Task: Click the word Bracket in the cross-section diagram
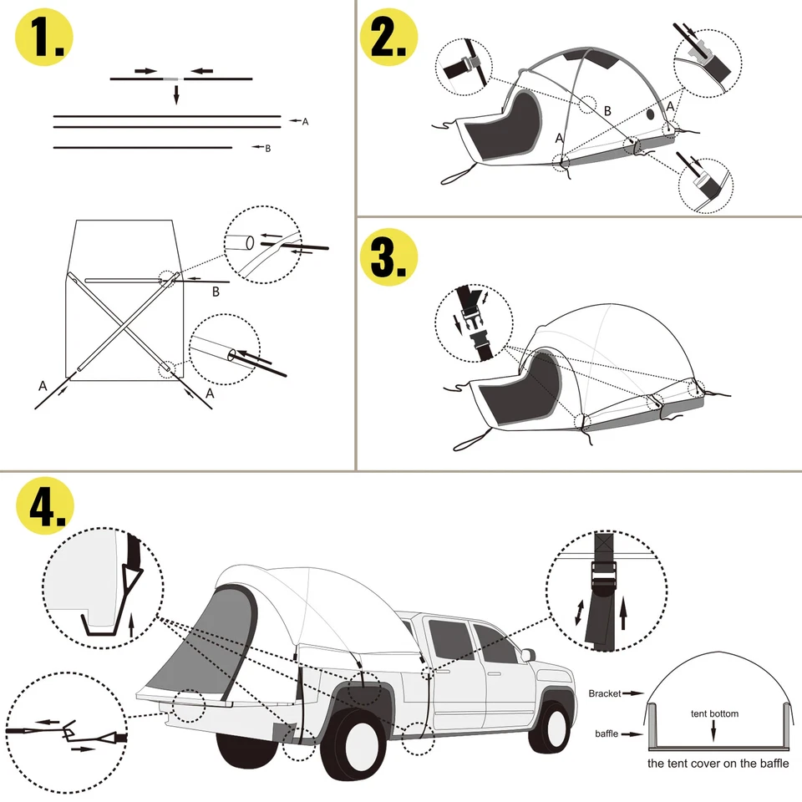pos(605,693)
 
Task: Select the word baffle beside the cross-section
pos(607,734)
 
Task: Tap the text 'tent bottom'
pos(714,714)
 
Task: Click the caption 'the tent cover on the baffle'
pos(718,763)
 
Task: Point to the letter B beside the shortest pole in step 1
pos(267,149)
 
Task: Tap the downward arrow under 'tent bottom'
pos(713,729)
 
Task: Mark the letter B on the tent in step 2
pos(607,110)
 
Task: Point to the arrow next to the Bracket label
pos(634,693)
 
